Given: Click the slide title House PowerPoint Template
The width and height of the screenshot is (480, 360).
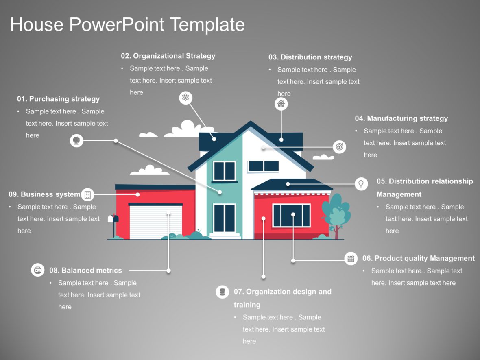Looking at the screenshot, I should click(127, 24).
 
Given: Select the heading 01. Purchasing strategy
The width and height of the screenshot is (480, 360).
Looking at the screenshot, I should click(58, 99).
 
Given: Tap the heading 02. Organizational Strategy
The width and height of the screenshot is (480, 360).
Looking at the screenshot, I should click(168, 56).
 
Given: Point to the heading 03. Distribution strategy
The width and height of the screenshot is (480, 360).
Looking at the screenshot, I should click(310, 57).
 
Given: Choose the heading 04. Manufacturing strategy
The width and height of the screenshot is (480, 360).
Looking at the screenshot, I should click(401, 118).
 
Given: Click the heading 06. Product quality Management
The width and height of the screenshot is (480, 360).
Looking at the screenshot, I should click(419, 258).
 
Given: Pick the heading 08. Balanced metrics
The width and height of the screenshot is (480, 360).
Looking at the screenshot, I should click(85, 270).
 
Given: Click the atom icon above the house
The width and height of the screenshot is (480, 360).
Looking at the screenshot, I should click(185, 98).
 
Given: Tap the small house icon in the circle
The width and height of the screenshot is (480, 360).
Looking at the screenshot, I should click(281, 104).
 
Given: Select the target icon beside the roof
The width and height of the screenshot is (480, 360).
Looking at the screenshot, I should click(339, 147).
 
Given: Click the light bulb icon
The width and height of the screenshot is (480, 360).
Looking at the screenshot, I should click(360, 183).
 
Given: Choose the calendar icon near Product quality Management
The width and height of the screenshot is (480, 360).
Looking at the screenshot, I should click(351, 258).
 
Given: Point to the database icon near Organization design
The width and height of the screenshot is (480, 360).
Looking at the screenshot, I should click(222, 292).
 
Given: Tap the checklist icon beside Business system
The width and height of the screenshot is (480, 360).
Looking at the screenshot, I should click(87, 194).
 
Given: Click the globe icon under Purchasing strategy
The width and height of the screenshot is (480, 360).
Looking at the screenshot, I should click(76, 141).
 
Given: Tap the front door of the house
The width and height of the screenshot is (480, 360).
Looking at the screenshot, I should click(225, 218).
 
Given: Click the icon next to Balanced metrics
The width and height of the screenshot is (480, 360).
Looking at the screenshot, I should click(38, 270).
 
